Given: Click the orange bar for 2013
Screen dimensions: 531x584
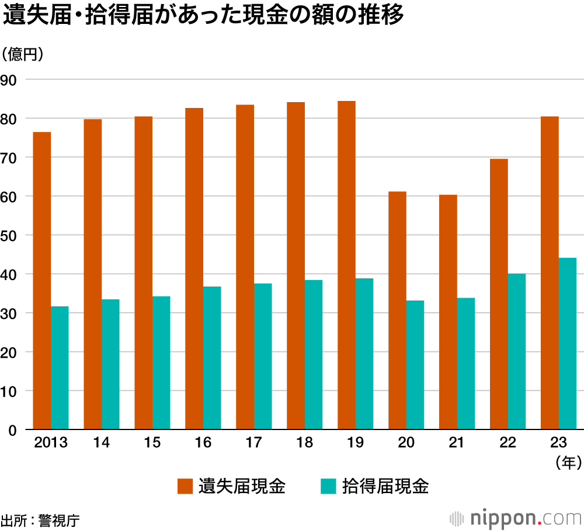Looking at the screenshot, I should click(42, 281).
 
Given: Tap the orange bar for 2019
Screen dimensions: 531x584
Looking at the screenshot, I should click(346, 265).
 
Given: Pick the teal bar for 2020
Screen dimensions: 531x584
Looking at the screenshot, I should click(415, 365).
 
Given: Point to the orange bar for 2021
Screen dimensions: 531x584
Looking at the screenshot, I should click(449, 312).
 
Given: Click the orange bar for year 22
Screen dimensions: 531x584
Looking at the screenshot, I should click(499, 294).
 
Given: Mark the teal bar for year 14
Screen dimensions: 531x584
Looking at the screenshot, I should click(110, 364).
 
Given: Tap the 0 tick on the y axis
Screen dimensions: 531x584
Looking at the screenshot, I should click(12, 430).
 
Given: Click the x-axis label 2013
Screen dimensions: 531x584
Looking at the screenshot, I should click(51, 443).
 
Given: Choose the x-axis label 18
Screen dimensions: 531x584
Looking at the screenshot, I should click(304, 443).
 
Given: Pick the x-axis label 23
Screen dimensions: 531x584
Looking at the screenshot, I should click(558, 443).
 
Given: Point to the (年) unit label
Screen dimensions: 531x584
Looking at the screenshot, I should click(568, 463).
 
